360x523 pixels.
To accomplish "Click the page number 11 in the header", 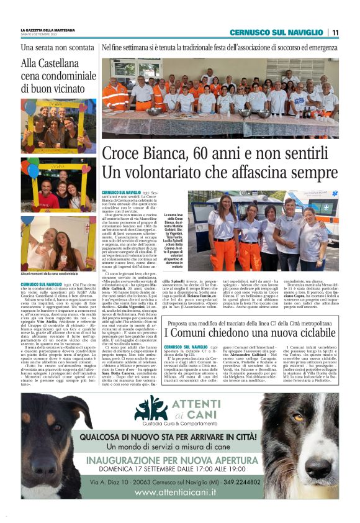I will (335, 32).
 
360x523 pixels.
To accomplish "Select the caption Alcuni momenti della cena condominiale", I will (50, 274).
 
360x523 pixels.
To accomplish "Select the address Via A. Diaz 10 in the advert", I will (116, 482).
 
